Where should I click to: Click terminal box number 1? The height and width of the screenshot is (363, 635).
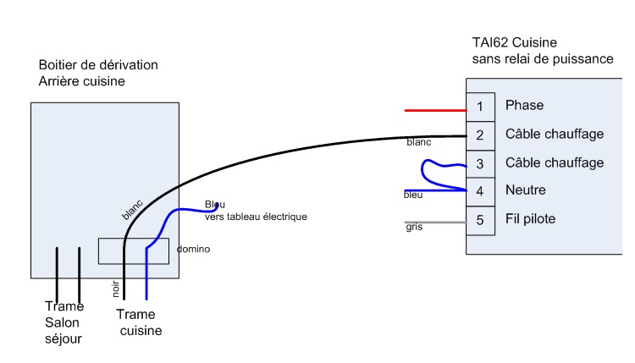[x=480, y=107]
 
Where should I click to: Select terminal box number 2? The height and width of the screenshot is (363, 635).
[x=480, y=135]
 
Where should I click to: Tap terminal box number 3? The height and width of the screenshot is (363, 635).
[x=480, y=162]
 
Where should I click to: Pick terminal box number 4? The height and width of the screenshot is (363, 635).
[x=480, y=190]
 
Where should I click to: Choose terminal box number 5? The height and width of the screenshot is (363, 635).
[x=480, y=219]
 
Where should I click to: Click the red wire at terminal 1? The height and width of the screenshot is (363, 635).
[x=435, y=110]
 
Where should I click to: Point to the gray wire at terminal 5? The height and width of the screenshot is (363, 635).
[x=435, y=223]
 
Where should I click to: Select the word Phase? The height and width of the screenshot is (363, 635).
[x=524, y=106]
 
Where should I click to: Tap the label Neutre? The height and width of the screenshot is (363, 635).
[x=525, y=190]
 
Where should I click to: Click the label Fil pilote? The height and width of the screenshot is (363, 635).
[x=530, y=219]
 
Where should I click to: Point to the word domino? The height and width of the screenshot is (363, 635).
[x=192, y=250]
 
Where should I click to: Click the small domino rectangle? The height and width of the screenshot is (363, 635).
[x=135, y=251]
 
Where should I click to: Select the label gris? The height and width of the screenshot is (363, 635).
[x=413, y=227]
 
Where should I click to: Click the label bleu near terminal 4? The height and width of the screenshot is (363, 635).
[x=413, y=195]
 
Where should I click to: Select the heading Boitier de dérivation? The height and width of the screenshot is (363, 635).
[x=98, y=65]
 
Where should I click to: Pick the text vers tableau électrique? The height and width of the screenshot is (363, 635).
[x=255, y=217]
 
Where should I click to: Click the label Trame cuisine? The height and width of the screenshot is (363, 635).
[x=138, y=322]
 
